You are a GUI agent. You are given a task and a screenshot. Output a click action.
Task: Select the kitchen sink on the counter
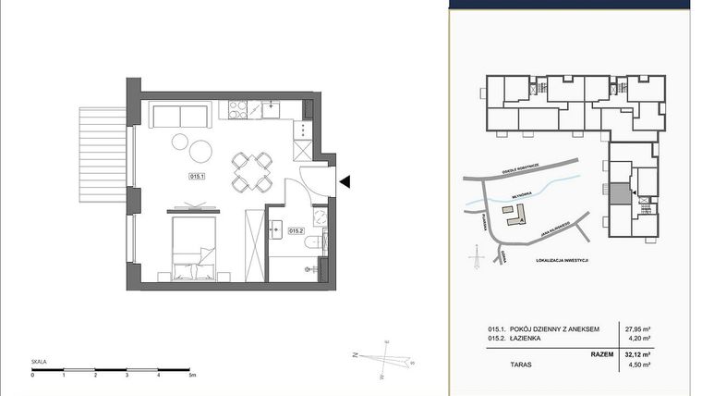(x=272, y=107)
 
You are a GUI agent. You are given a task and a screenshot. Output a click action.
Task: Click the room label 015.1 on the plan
(x=197, y=175)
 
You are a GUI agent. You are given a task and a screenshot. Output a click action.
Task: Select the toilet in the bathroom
(x=317, y=241)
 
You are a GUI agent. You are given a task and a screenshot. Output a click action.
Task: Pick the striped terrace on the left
(x=101, y=155)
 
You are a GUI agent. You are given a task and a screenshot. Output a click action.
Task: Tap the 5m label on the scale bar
(x=190, y=376)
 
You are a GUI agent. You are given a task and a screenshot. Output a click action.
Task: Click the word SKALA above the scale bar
(x=38, y=363)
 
